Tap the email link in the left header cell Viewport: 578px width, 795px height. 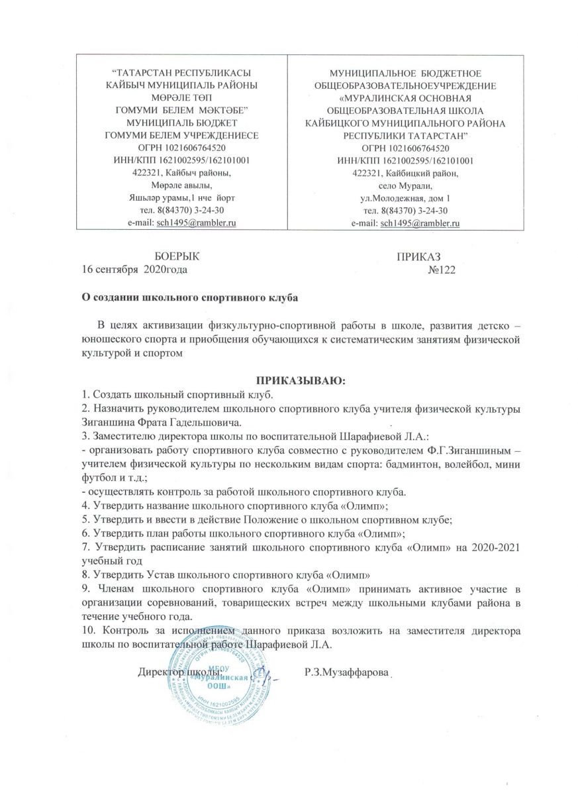[x=195, y=222]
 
